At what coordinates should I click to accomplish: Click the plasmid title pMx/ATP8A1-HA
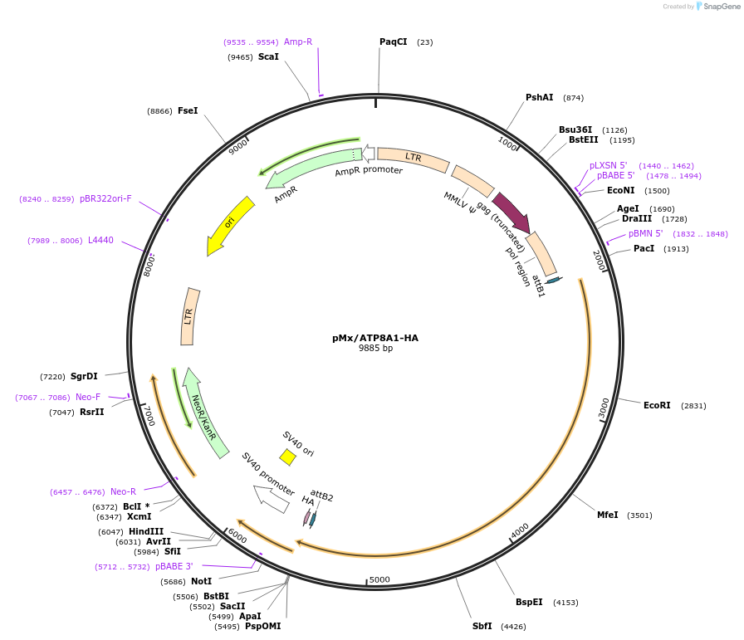point(375,338)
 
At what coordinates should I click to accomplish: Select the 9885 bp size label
point(375,349)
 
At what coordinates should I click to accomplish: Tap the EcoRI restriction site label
point(657,405)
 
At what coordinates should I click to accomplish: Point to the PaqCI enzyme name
point(393,42)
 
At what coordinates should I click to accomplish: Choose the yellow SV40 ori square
point(287,457)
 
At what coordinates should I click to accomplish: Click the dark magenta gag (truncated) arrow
point(511,213)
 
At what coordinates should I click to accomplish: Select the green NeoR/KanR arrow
point(204,413)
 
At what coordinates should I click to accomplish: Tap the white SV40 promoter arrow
point(272,498)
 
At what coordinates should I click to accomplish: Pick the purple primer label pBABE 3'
point(174,567)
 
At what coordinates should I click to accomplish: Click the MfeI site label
point(608,515)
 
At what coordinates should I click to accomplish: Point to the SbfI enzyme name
point(482,626)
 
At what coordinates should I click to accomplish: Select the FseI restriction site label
point(188,110)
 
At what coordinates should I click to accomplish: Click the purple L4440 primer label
point(100,240)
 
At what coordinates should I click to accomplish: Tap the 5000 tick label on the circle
point(379,579)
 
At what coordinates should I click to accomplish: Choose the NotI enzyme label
point(202,581)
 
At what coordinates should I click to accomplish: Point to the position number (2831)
point(693,406)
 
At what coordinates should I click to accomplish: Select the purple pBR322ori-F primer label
point(105,198)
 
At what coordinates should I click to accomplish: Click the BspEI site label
point(529,602)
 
